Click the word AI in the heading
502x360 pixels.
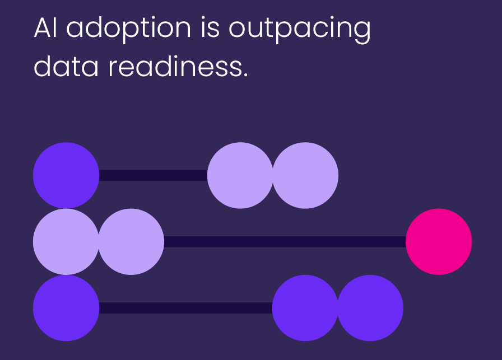(45, 28)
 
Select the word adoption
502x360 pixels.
(129, 30)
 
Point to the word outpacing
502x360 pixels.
(300, 30)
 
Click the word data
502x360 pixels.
(66, 66)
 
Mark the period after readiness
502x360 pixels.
(245, 75)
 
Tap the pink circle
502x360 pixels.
(439, 242)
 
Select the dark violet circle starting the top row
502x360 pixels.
(66, 175)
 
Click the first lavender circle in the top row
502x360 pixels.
(240, 175)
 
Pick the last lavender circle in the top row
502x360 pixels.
(305, 175)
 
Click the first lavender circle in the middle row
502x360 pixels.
(66, 242)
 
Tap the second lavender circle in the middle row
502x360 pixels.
(131, 242)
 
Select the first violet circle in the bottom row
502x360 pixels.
(66, 308)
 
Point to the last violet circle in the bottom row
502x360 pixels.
(370, 308)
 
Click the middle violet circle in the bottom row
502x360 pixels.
(305, 308)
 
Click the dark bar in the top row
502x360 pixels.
(154, 175)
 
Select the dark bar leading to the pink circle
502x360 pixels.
(285, 242)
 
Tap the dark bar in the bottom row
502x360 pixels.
(185, 308)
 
